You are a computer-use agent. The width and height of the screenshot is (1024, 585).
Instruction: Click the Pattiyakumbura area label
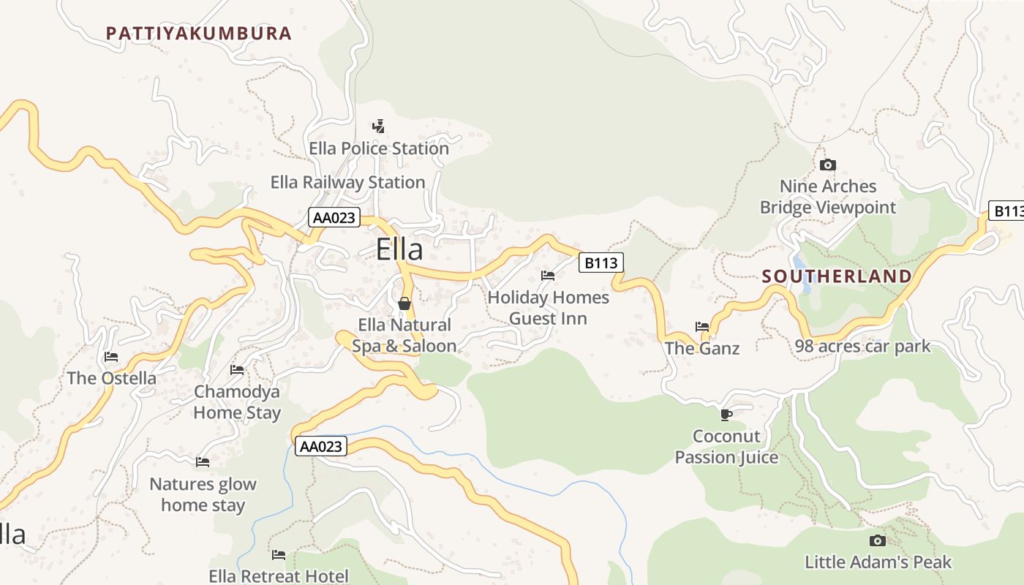click(x=199, y=33)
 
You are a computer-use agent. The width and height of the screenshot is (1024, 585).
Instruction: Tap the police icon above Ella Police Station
click(x=378, y=127)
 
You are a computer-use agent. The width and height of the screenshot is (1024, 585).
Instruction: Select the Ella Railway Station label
click(x=347, y=182)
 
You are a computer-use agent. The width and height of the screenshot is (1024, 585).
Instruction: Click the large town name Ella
click(x=399, y=249)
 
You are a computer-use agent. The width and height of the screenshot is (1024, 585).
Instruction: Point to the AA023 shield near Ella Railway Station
click(x=334, y=217)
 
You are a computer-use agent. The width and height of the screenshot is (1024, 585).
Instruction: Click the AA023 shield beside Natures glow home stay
click(x=321, y=446)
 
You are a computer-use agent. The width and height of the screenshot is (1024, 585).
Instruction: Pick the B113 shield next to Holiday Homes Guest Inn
click(x=601, y=263)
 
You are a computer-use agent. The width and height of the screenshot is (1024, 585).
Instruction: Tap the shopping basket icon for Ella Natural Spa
click(x=404, y=303)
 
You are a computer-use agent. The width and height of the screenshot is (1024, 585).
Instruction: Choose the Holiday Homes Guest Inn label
click(x=548, y=308)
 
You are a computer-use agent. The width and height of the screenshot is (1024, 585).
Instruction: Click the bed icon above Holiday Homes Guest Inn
click(x=548, y=276)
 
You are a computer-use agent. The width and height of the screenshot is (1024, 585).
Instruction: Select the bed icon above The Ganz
click(x=702, y=326)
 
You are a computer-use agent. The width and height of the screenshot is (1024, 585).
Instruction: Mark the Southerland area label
click(x=837, y=276)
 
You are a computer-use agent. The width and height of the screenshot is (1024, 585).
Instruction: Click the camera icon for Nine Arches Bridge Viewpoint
click(x=828, y=165)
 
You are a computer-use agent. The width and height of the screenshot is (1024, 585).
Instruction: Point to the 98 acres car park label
click(x=862, y=346)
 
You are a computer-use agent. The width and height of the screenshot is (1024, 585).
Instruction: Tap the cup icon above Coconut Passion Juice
click(x=726, y=415)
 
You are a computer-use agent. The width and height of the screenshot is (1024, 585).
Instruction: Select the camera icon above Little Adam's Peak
click(x=878, y=540)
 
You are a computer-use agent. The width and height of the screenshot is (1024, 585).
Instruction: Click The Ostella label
click(x=112, y=378)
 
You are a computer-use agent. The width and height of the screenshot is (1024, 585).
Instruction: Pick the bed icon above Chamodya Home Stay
click(x=237, y=370)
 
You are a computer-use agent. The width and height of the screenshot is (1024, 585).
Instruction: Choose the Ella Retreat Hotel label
click(x=279, y=576)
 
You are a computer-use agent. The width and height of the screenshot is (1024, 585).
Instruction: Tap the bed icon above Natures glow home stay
click(x=203, y=462)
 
